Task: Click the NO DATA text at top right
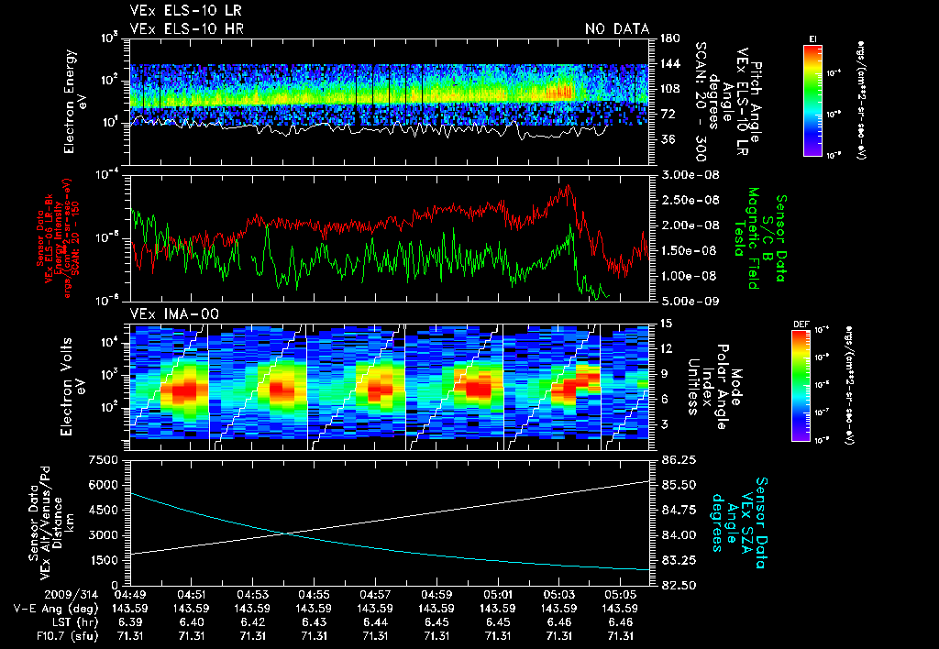[x=617, y=29]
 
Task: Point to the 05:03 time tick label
[x=559, y=594]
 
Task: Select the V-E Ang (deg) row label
[x=50, y=608]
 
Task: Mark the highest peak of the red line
[x=569, y=185]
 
